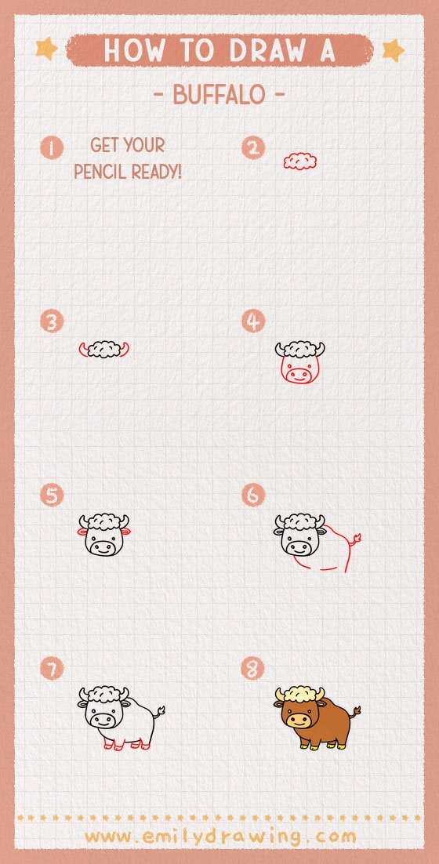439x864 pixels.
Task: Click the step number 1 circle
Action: (53, 147)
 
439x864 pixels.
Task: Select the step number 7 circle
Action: (53, 669)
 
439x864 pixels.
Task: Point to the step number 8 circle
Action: (253, 669)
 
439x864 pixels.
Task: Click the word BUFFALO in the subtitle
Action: (219, 96)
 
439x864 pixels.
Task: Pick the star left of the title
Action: (47, 49)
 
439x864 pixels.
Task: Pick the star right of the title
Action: (392, 50)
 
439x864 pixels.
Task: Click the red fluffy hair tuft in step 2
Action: (300, 161)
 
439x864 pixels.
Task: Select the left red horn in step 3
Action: (83, 349)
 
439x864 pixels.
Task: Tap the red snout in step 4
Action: (299, 376)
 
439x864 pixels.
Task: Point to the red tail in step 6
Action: (355, 539)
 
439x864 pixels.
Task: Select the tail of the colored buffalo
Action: (355, 712)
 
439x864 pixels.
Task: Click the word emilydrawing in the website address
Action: (219, 837)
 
